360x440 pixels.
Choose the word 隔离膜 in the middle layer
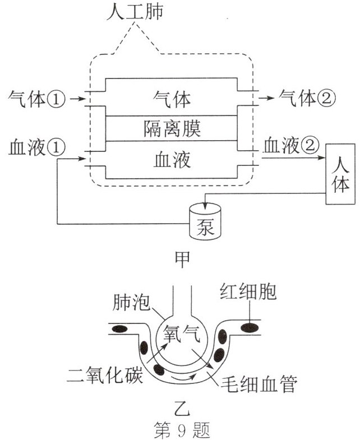[x=172, y=129]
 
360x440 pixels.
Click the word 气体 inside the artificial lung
[x=172, y=99]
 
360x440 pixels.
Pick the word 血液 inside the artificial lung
[x=172, y=160]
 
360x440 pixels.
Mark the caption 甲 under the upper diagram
[x=182, y=259]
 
